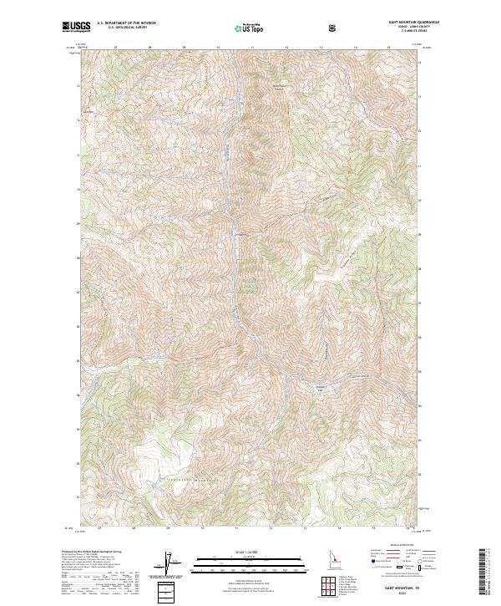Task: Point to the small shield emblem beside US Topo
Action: [333, 28]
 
